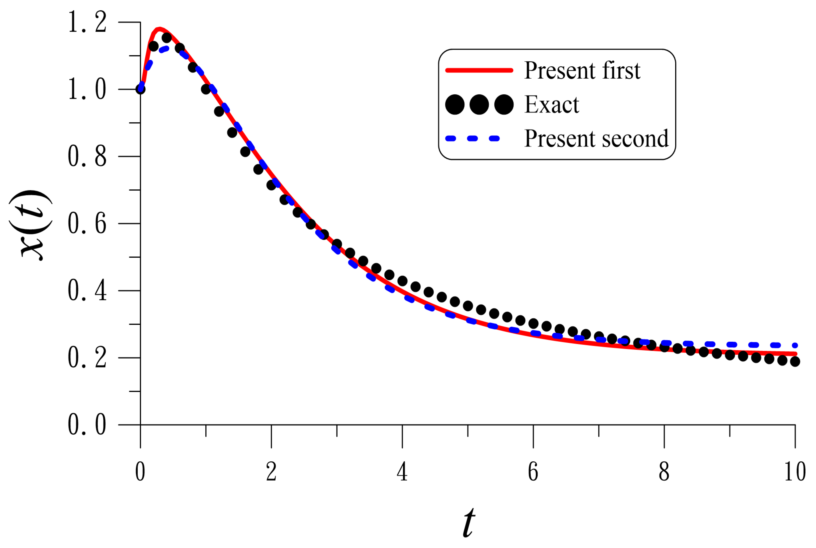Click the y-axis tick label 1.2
coord(87,22)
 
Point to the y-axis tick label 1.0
coord(87,89)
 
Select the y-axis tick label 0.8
coord(87,157)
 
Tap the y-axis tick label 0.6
coord(87,224)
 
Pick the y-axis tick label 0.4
coord(87,291)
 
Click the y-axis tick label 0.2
coord(87,358)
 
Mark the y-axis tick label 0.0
coord(87,425)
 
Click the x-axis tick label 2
coord(271,472)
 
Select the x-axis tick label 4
coord(402,472)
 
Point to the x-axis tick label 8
coord(664,472)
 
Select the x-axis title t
coord(469,523)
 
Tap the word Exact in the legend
coord(552,105)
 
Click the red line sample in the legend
coord(479,70)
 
